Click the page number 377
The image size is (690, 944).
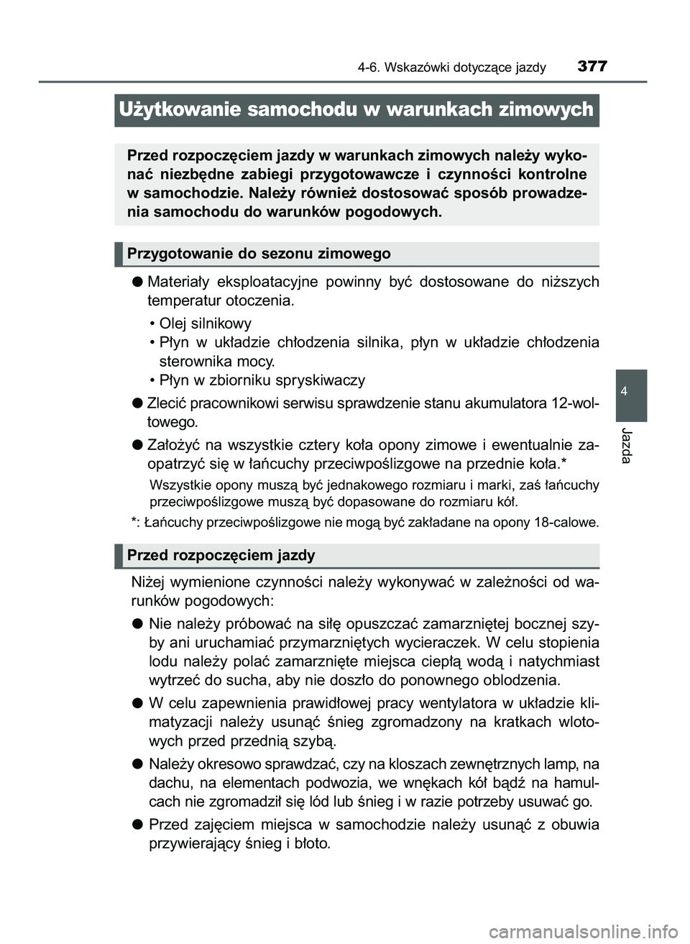click(x=592, y=66)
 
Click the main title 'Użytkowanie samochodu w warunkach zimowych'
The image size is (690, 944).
click(x=356, y=109)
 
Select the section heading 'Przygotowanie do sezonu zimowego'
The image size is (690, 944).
click(x=259, y=254)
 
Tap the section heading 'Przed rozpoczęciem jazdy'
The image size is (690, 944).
click(x=221, y=555)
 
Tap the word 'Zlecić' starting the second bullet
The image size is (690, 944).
click(x=167, y=403)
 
